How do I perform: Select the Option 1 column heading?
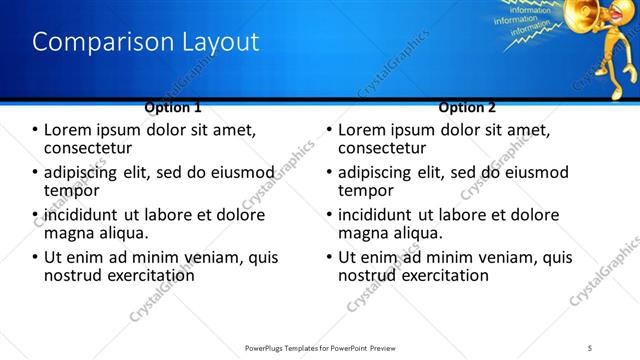coord(172,107)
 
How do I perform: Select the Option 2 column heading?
coord(466,107)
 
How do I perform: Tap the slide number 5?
coord(590,346)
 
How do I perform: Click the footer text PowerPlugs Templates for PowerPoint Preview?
coord(319,346)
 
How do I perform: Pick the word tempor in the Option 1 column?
coord(71,190)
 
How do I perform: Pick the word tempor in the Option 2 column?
coord(366,190)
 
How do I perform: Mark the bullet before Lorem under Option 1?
coord(36,130)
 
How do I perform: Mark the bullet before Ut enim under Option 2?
coord(329,257)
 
